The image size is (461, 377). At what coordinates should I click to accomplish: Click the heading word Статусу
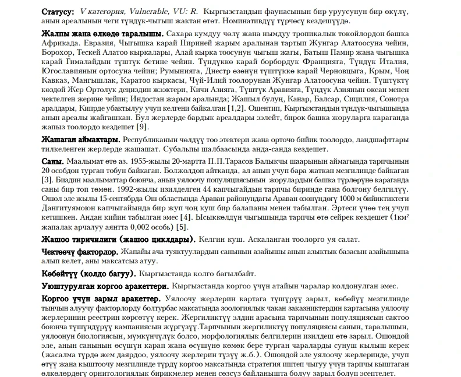pos(58,11)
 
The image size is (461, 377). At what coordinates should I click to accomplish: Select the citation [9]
pos(143,127)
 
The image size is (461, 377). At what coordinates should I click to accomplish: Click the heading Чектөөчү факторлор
pos(80,251)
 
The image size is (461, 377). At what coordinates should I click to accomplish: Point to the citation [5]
pos(182,227)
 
